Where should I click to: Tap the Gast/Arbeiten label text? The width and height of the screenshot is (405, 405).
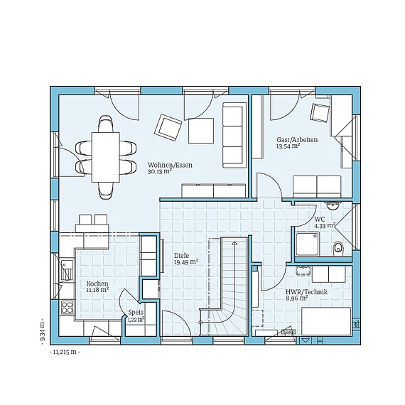pos(296,140)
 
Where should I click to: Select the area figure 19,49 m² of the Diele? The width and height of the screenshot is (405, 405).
pos(185,261)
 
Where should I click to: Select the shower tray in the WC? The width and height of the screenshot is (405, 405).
pos(306,241)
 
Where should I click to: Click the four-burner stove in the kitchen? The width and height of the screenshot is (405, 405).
pos(67,308)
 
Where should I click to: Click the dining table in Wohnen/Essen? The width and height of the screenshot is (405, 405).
pos(106,156)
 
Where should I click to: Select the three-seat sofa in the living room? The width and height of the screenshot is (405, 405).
pos(232,135)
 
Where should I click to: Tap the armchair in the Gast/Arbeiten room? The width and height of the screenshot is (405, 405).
pos(320,113)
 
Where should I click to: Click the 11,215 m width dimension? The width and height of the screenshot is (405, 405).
pos(65,351)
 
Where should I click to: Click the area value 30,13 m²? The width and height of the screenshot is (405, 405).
pos(161,171)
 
